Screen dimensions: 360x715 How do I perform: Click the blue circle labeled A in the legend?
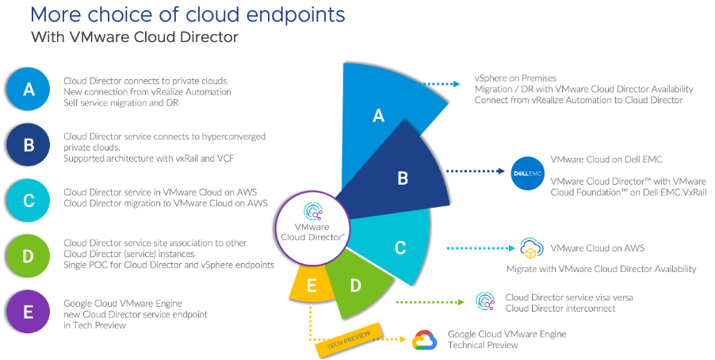pos(29,89)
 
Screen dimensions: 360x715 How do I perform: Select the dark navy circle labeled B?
pos(29,144)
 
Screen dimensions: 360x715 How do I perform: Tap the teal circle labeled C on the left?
pos(29,200)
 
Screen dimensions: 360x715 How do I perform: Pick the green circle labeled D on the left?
pos(29,255)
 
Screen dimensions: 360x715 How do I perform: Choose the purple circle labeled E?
pos(29,311)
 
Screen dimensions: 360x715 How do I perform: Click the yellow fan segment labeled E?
pos(312,285)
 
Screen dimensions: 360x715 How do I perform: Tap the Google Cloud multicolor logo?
pos(425,340)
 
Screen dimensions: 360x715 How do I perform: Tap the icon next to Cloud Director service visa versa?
pos(485,302)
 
